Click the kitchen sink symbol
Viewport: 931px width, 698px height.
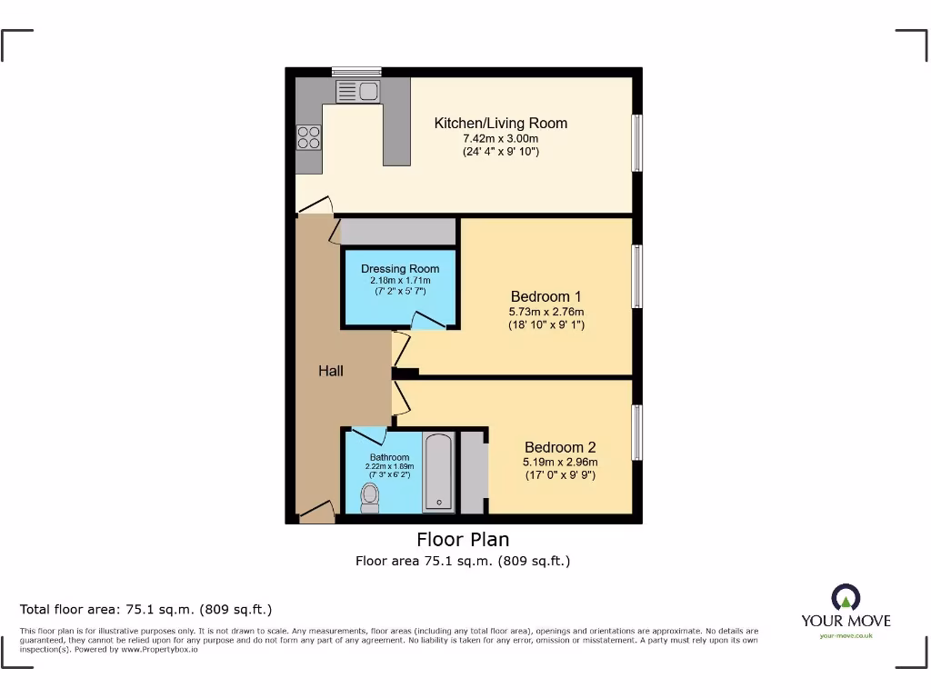point(357,91)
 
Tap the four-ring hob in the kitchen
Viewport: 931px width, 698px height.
point(308,136)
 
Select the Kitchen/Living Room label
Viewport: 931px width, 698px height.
point(500,123)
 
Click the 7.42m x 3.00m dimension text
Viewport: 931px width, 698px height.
point(500,138)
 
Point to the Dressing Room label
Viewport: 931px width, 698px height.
point(400,268)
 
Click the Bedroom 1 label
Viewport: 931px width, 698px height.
point(546,296)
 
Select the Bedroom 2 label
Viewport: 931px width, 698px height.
point(560,447)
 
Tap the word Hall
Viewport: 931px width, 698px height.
point(331,371)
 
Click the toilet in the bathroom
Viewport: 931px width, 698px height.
point(370,497)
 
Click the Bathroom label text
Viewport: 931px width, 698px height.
point(389,457)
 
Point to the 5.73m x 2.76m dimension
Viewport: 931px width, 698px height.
point(546,311)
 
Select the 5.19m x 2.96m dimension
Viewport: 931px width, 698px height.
point(560,462)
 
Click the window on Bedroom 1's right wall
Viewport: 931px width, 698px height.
point(637,277)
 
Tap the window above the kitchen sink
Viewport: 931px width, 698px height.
point(356,71)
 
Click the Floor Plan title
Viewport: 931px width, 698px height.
point(463,540)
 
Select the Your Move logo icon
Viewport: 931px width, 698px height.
point(846,598)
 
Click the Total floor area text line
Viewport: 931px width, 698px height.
point(146,609)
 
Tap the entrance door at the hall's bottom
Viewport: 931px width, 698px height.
point(316,514)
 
